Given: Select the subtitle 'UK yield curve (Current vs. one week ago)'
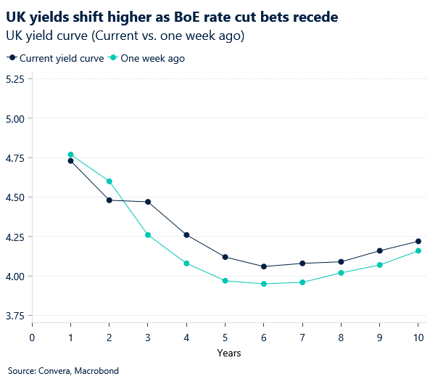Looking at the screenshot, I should point(124,35).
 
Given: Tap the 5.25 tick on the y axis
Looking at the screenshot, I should point(15,79).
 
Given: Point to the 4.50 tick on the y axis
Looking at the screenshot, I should point(15,197).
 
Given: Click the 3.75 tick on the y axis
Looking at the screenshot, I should point(15,316).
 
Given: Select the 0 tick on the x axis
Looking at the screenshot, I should point(32,337).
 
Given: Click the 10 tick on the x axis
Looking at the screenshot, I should point(418,337).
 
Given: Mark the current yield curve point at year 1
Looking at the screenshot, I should point(70,160).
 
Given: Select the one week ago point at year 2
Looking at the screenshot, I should point(109,181).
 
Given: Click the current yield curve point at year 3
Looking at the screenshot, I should point(148,202).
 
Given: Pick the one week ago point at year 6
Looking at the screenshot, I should point(264,284).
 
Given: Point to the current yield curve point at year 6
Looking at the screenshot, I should point(264,266).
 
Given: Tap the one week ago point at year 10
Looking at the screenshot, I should point(418,251).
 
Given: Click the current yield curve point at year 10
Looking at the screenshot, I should point(418,242).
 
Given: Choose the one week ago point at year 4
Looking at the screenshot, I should point(186,264).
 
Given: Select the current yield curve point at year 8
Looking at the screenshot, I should point(341,262).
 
